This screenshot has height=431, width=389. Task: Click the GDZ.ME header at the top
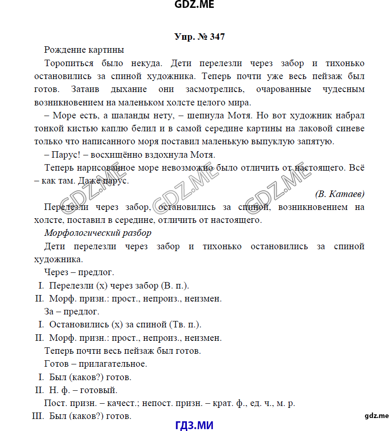[x=194, y=5]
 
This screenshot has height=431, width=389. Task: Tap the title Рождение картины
[x=84, y=49]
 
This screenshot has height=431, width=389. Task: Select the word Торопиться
[x=69, y=63]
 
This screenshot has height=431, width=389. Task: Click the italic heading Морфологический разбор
[x=98, y=233]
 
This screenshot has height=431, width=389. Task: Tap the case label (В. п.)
[x=174, y=286]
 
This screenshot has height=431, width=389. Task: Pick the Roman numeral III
[x=38, y=416]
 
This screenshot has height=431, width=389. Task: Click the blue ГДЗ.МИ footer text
[x=195, y=425]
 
